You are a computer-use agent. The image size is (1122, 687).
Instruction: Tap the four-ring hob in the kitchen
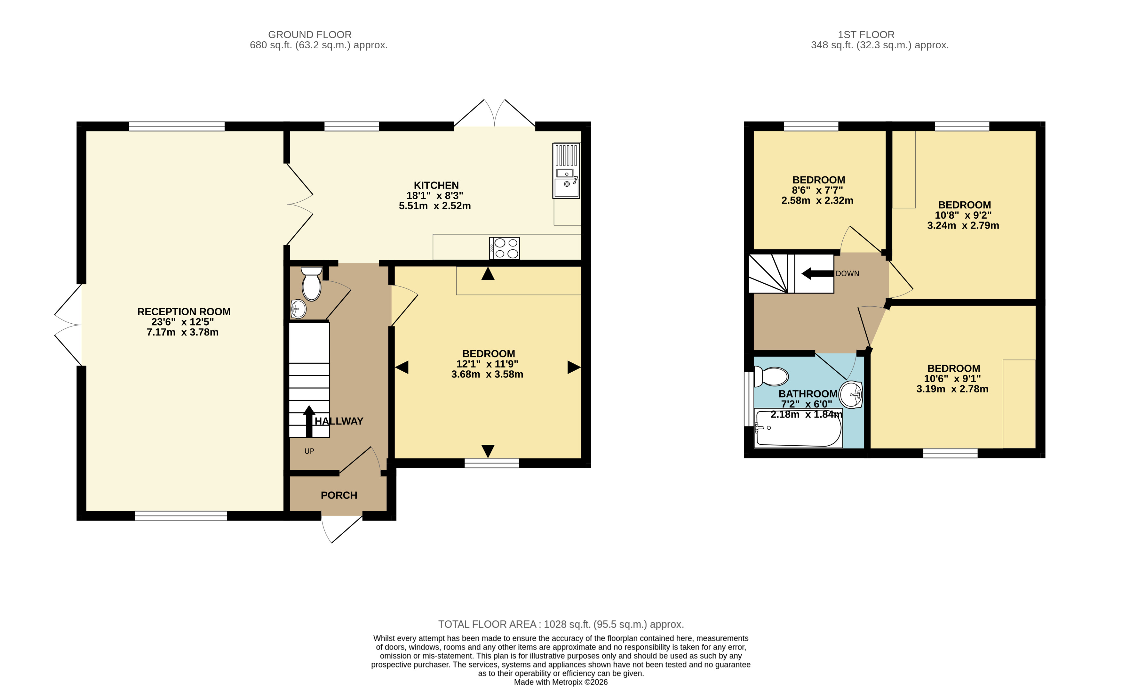coord(504,248)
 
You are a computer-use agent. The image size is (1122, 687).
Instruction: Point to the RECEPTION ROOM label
coord(184,311)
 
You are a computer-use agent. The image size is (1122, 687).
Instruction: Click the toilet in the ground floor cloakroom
coord(312,283)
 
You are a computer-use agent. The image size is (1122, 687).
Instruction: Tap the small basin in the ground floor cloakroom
coord(298,309)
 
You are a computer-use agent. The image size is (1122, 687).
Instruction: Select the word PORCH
coord(339,495)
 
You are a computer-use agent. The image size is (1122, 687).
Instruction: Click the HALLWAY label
coord(339,421)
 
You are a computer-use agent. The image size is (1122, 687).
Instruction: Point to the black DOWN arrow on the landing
coord(817,273)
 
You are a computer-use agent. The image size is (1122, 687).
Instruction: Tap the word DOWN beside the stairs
coord(847,274)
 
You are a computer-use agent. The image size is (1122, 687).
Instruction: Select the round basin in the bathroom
coord(851,394)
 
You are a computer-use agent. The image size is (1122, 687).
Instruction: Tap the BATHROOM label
coord(808,394)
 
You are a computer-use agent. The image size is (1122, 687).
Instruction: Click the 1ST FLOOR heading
coord(866,35)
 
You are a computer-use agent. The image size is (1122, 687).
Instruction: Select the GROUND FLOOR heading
coord(310,35)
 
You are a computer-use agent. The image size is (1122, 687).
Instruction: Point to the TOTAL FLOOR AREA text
coord(561,624)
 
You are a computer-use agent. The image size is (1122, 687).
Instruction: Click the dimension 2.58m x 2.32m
coord(817,200)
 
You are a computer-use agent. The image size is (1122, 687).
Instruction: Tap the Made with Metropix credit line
coord(561,682)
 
